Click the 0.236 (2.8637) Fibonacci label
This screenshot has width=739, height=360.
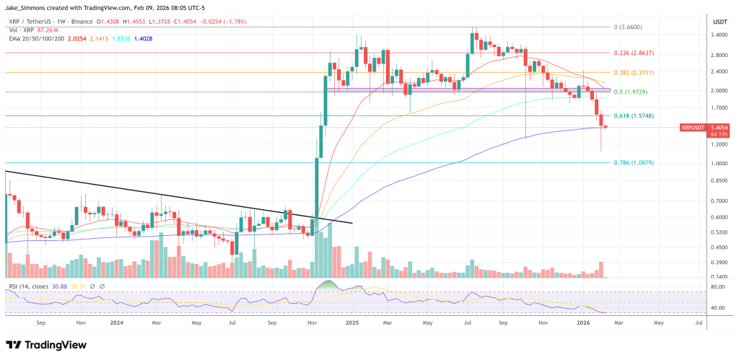tap(637, 53)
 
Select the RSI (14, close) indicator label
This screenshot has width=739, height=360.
tap(29, 287)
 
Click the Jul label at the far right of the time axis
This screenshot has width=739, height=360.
tap(698, 325)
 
